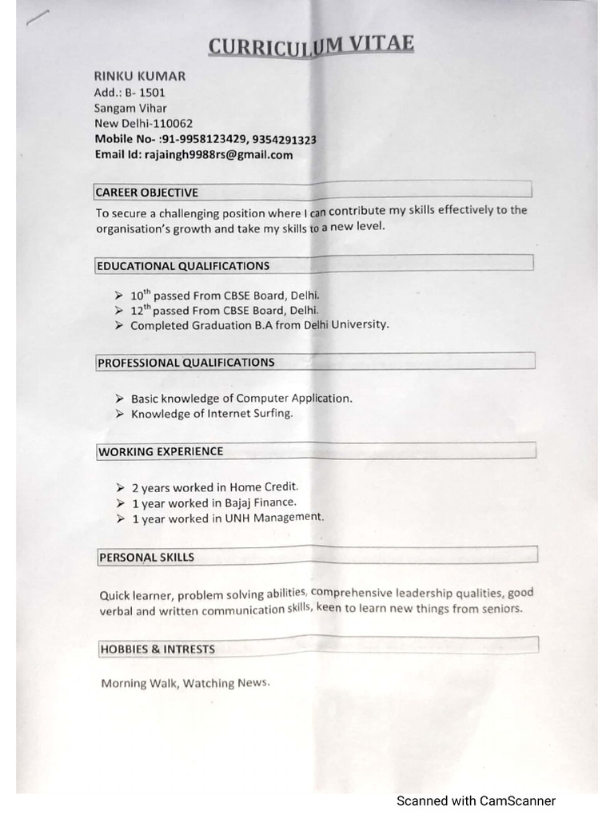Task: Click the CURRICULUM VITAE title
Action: point(311,46)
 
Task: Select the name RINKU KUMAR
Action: point(140,77)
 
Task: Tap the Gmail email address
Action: point(218,155)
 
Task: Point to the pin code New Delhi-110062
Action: point(144,124)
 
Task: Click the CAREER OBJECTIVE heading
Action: point(146,193)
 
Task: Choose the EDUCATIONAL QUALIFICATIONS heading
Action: point(183,266)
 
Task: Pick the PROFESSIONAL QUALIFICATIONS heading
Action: point(186,363)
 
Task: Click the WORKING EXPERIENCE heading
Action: point(161,451)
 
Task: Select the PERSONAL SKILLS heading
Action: point(147,558)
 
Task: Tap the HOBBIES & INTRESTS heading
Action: point(157,649)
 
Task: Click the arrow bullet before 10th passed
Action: point(118,296)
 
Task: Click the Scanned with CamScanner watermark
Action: point(476,800)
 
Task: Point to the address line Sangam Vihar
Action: point(130,108)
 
